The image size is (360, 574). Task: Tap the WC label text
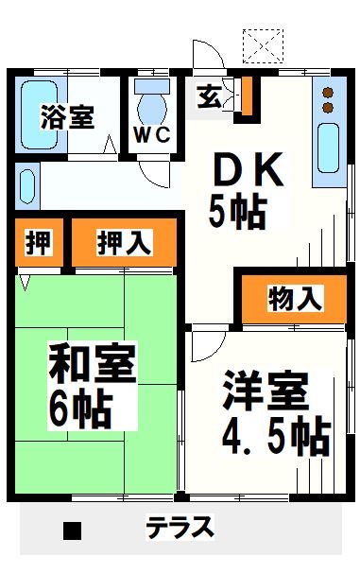(x=150, y=134)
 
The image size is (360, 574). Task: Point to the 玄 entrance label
(x=209, y=97)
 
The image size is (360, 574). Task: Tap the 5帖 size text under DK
(x=236, y=212)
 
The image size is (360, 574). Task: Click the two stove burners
(x=329, y=100)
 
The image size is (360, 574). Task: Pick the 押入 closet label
(x=124, y=243)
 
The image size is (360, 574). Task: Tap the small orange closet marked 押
(x=38, y=243)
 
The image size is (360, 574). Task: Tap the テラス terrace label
(x=180, y=527)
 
